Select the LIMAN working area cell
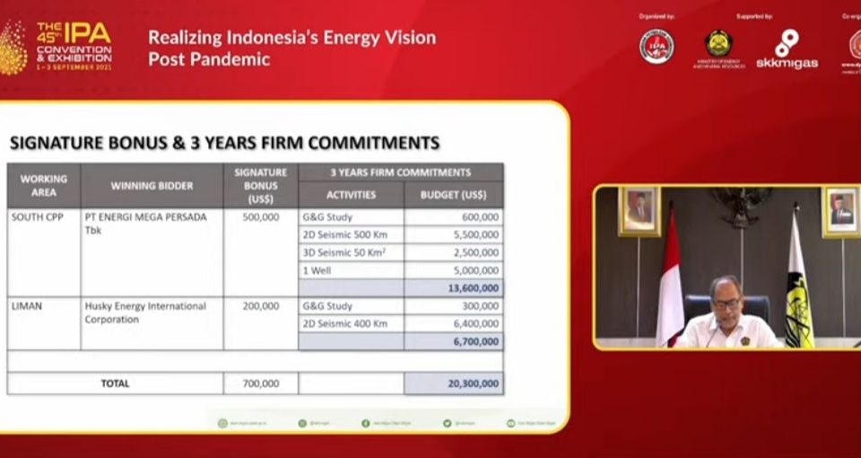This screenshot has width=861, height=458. coord(27,306)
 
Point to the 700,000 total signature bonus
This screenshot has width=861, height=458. coord(260,383)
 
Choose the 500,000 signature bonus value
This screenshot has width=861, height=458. coord(260,217)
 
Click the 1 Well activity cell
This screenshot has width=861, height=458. coord(318,270)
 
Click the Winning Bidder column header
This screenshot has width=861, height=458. coord(152,186)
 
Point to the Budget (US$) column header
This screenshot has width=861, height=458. coord(454,195)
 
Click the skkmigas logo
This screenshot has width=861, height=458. coord(787,49)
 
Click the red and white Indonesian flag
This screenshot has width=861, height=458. coord(670,287)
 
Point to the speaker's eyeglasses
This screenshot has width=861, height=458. coord(726,304)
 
